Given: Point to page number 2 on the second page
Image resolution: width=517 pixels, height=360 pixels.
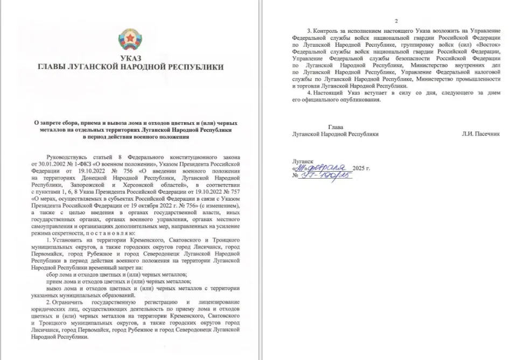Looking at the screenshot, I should (396, 21).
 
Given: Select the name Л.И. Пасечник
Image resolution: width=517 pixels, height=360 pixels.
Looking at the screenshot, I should (480, 134).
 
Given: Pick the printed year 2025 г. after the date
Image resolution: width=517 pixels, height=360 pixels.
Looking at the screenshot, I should (360, 168).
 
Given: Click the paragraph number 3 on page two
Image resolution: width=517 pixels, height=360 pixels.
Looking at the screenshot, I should (309, 30).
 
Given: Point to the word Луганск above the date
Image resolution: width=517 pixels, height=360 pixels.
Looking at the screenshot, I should (303, 161).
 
